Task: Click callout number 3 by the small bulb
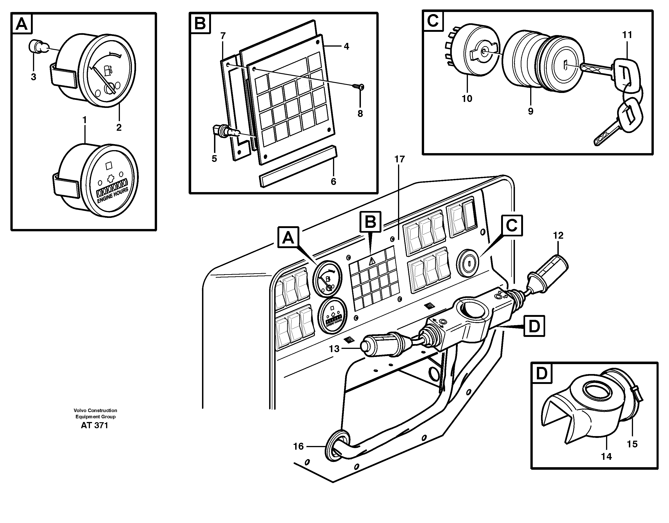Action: tap(33, 77)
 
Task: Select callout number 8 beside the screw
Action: tap(360, 114)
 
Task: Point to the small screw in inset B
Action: tap(358, 87)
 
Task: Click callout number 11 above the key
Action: tap(627, 35)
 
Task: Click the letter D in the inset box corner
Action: tap(541, 374)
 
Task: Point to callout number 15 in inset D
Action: tap(632, 444)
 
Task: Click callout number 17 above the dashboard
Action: tap(399, 159)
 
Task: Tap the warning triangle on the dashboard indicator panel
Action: tap(372, 261)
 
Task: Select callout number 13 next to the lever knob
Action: tap(334, 349)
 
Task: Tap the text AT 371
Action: tap(94, 425)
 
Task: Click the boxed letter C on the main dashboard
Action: tap(511, 226)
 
